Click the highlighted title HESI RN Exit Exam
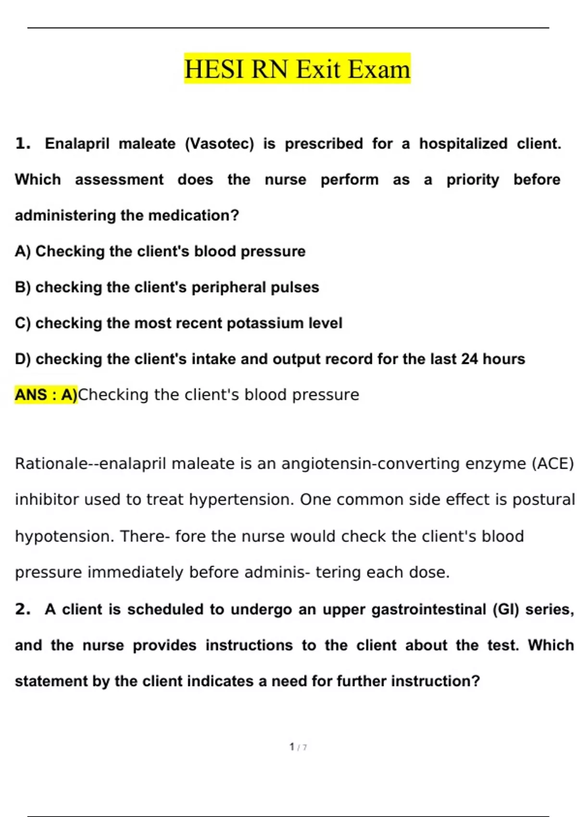pyautogui.click(x=297, y=69)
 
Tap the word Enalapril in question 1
pyautogui.click(x=77, y=144)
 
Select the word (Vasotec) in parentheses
pyautogui.click(x=219, y=144)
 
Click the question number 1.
pyautogui.click(x=23, y=144)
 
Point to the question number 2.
pyautogui.click(x=23, y=609)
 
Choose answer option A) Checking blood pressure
pyautogui.click(x=160, y=251)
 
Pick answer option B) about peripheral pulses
pyautogui.click(x=167, y=287)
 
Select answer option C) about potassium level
pyautogui.click(x=178, y=323)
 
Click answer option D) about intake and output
pyautogui.click(x=270, y=359)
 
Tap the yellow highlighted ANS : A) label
pyautogui.click(x=46, y=395)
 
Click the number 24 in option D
pyautogui.click(x=469, y=359)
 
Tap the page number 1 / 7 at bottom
pyautogui.click(x=298, y=747)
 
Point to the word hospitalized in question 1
pyautogui.click(x=463, y=144)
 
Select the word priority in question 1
pyautogui.click(x=473, y=180)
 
